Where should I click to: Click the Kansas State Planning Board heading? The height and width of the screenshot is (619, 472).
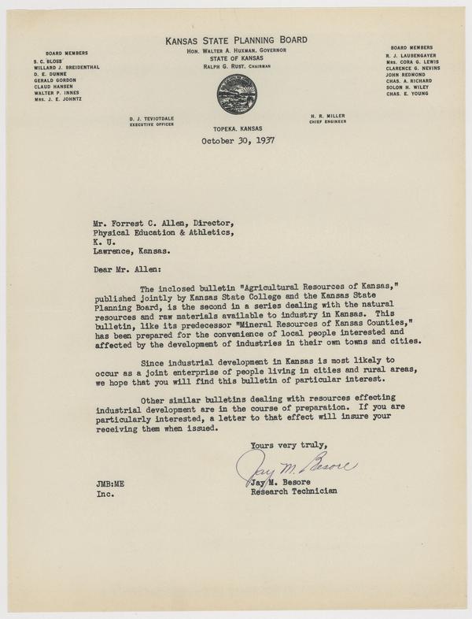(236, 39)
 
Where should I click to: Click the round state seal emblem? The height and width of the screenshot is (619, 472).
(235, 95)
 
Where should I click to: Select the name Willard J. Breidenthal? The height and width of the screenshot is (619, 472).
(66, 68)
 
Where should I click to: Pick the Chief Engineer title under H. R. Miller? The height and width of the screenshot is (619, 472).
(329, 121)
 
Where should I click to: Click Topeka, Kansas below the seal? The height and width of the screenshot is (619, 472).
(236, 128)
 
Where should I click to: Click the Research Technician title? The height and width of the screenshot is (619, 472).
(293, 491)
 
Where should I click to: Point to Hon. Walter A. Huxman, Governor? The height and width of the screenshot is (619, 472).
(236, 50)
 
